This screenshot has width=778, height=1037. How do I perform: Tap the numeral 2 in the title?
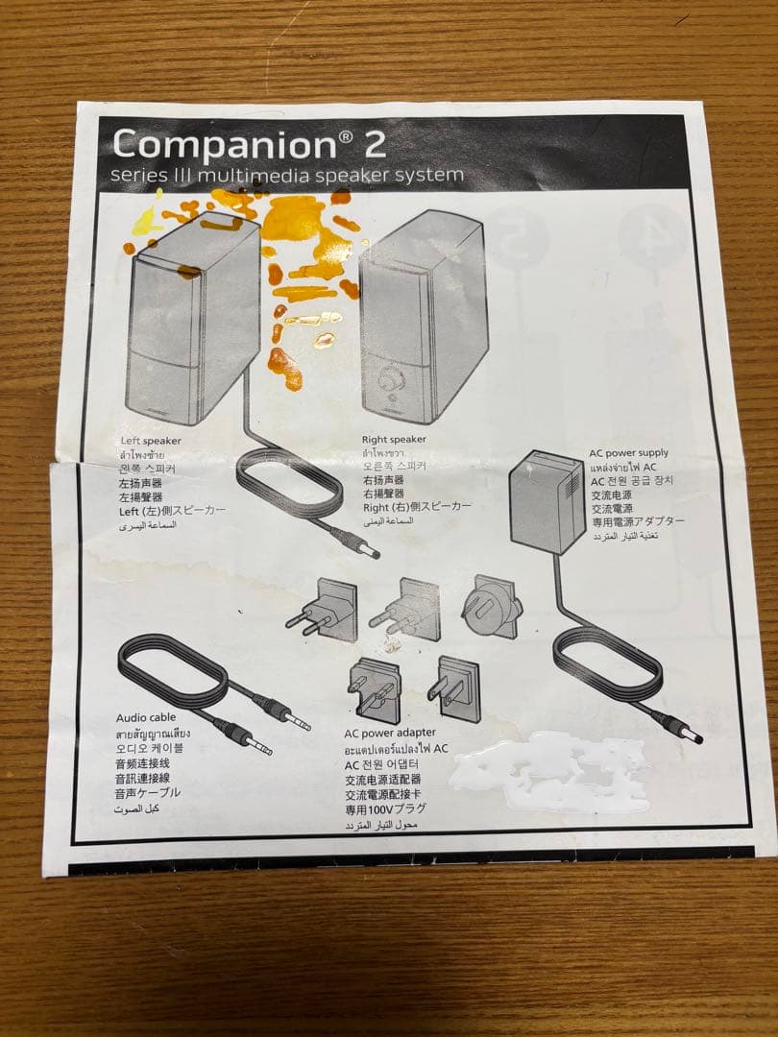point(374,144)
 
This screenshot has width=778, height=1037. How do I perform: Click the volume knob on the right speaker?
point(389,379)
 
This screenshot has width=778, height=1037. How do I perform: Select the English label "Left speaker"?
point(151,441)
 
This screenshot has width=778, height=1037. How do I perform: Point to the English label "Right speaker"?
point(394,439)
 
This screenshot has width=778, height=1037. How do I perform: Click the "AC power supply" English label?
point(629,452)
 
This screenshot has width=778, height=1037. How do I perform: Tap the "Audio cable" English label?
point(146,717)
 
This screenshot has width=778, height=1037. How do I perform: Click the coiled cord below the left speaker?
point(288,480)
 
